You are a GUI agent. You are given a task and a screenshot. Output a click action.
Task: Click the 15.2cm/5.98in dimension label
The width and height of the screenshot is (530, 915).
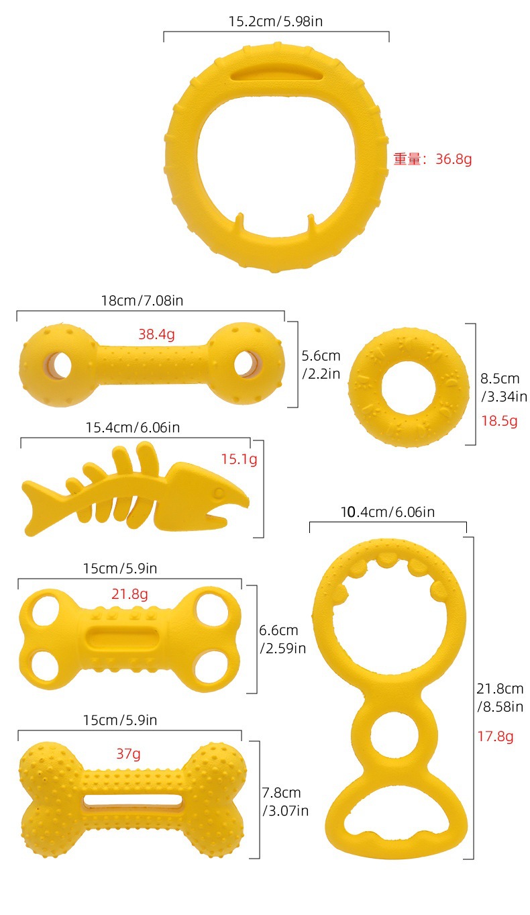coord(276,21)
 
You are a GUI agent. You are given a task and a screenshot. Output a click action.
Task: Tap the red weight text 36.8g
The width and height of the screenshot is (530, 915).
coord(454,159)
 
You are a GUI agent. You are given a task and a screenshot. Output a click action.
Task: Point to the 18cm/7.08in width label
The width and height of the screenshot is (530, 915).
coord(142,301)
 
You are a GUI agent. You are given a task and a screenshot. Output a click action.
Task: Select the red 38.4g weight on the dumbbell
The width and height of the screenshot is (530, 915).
coord(156,334)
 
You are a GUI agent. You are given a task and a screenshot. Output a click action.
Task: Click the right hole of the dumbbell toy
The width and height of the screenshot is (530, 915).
coord(247,364)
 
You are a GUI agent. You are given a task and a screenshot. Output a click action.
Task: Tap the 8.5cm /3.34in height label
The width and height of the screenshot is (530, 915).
coord(503,387)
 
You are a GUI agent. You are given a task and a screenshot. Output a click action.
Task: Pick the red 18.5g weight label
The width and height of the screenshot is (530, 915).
coord(499,421)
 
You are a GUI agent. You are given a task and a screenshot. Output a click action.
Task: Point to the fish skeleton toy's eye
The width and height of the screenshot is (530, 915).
coord(219,493)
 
